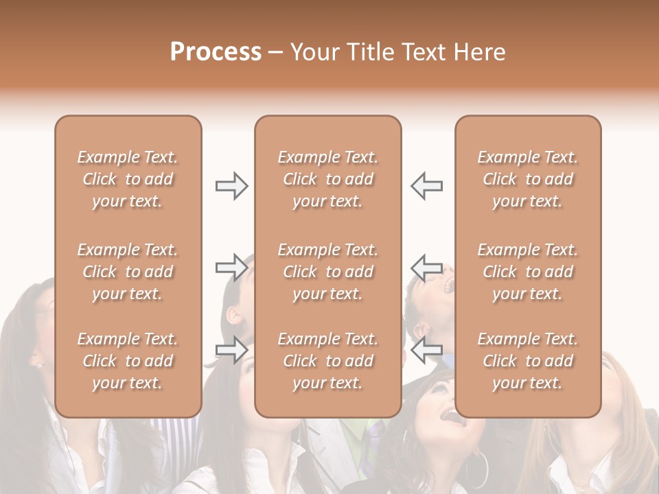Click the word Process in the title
(x=216, y=52)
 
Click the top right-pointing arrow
(x=231, y=186)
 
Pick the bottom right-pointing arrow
(x=231, y=351)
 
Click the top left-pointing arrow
(x=427, y=186)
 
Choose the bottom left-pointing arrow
(x=427, y=351)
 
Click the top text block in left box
(x=128, y=179)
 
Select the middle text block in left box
(x=128, y=272)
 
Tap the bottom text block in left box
(x=128, y=361)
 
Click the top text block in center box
(x=328, y=179)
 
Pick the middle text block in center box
(x=328, y=272)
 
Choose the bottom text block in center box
(x=328, y=361)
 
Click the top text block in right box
(x=528, y=179)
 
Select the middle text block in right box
(x=528, y=272)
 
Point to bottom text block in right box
(x=528, y=361)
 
